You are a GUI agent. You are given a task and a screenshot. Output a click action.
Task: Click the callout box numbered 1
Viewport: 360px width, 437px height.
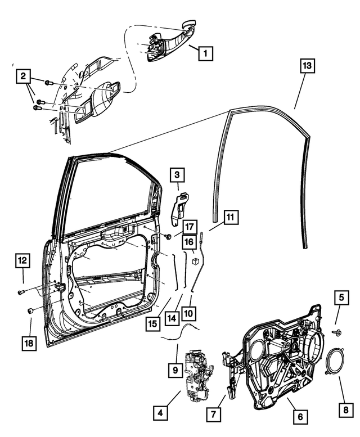point(205,54)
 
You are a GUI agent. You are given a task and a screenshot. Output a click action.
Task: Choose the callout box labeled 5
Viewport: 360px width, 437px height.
point(341,297)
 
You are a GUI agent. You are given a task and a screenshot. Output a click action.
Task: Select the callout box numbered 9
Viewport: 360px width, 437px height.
point(175,370)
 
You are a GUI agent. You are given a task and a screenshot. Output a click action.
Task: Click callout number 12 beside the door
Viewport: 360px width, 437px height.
point(22,260)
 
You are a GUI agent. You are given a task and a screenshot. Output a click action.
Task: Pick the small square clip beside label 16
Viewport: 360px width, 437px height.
point(194,261)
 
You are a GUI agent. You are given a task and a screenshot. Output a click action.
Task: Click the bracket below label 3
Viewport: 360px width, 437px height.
point(181,207)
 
